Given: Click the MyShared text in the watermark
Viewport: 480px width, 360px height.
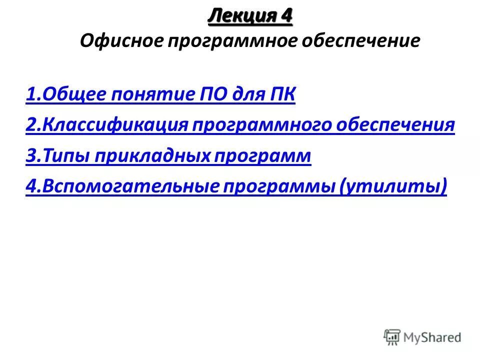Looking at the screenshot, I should (432, 337).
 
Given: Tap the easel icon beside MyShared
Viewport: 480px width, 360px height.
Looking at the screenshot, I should (392, 337).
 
